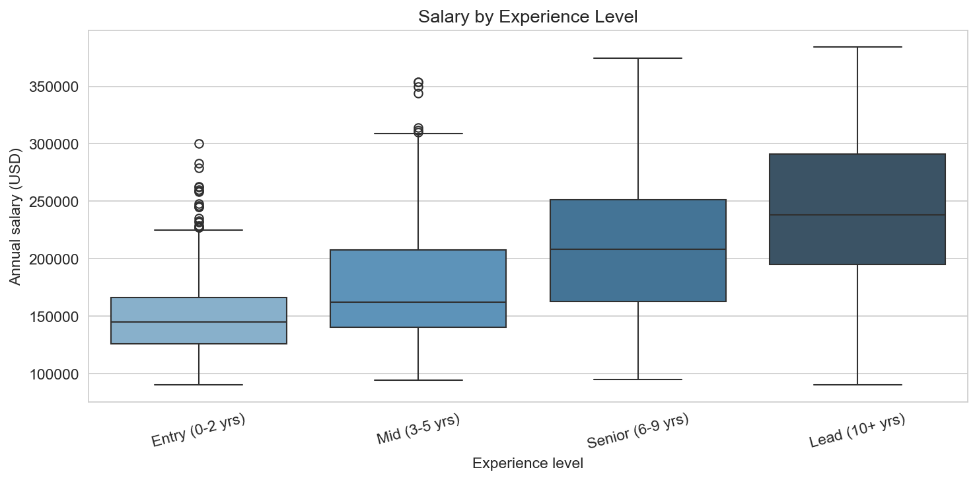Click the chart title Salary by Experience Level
pyautogui.click(x=528, y=17)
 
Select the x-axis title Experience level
pyautogui.click(x=528, y=463)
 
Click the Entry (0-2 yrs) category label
pyautogui.click(x=198, y=430)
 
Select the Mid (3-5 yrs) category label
pyautogui.click(x=418, y=430)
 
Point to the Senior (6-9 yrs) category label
pyautogui.click(x=637, y=430)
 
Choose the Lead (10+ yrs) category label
pyautogui.click(x=857, y=430)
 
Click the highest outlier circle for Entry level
pyautogui.click(x=199, y=143)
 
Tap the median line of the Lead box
pyautogui.click(x=857, y=215)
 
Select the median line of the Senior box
pyautogui.click(x=638, y=249)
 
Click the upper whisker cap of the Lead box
pyautogui.click(x=857, y=47)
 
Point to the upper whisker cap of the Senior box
pyautogui.click(x=638, y=58)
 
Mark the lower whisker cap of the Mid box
pyautogui.click(x=418, y=380)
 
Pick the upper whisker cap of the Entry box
pyautogui.click(x=199, y=230)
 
